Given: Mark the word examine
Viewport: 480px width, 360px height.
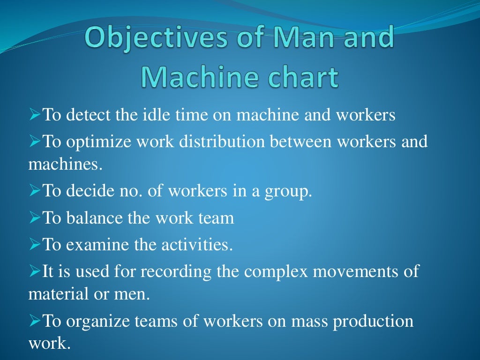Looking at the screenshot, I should pyautogui.click(x=93, y=244).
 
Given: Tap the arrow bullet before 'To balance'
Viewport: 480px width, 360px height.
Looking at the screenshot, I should pyautogui.click(x=35, y=218).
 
